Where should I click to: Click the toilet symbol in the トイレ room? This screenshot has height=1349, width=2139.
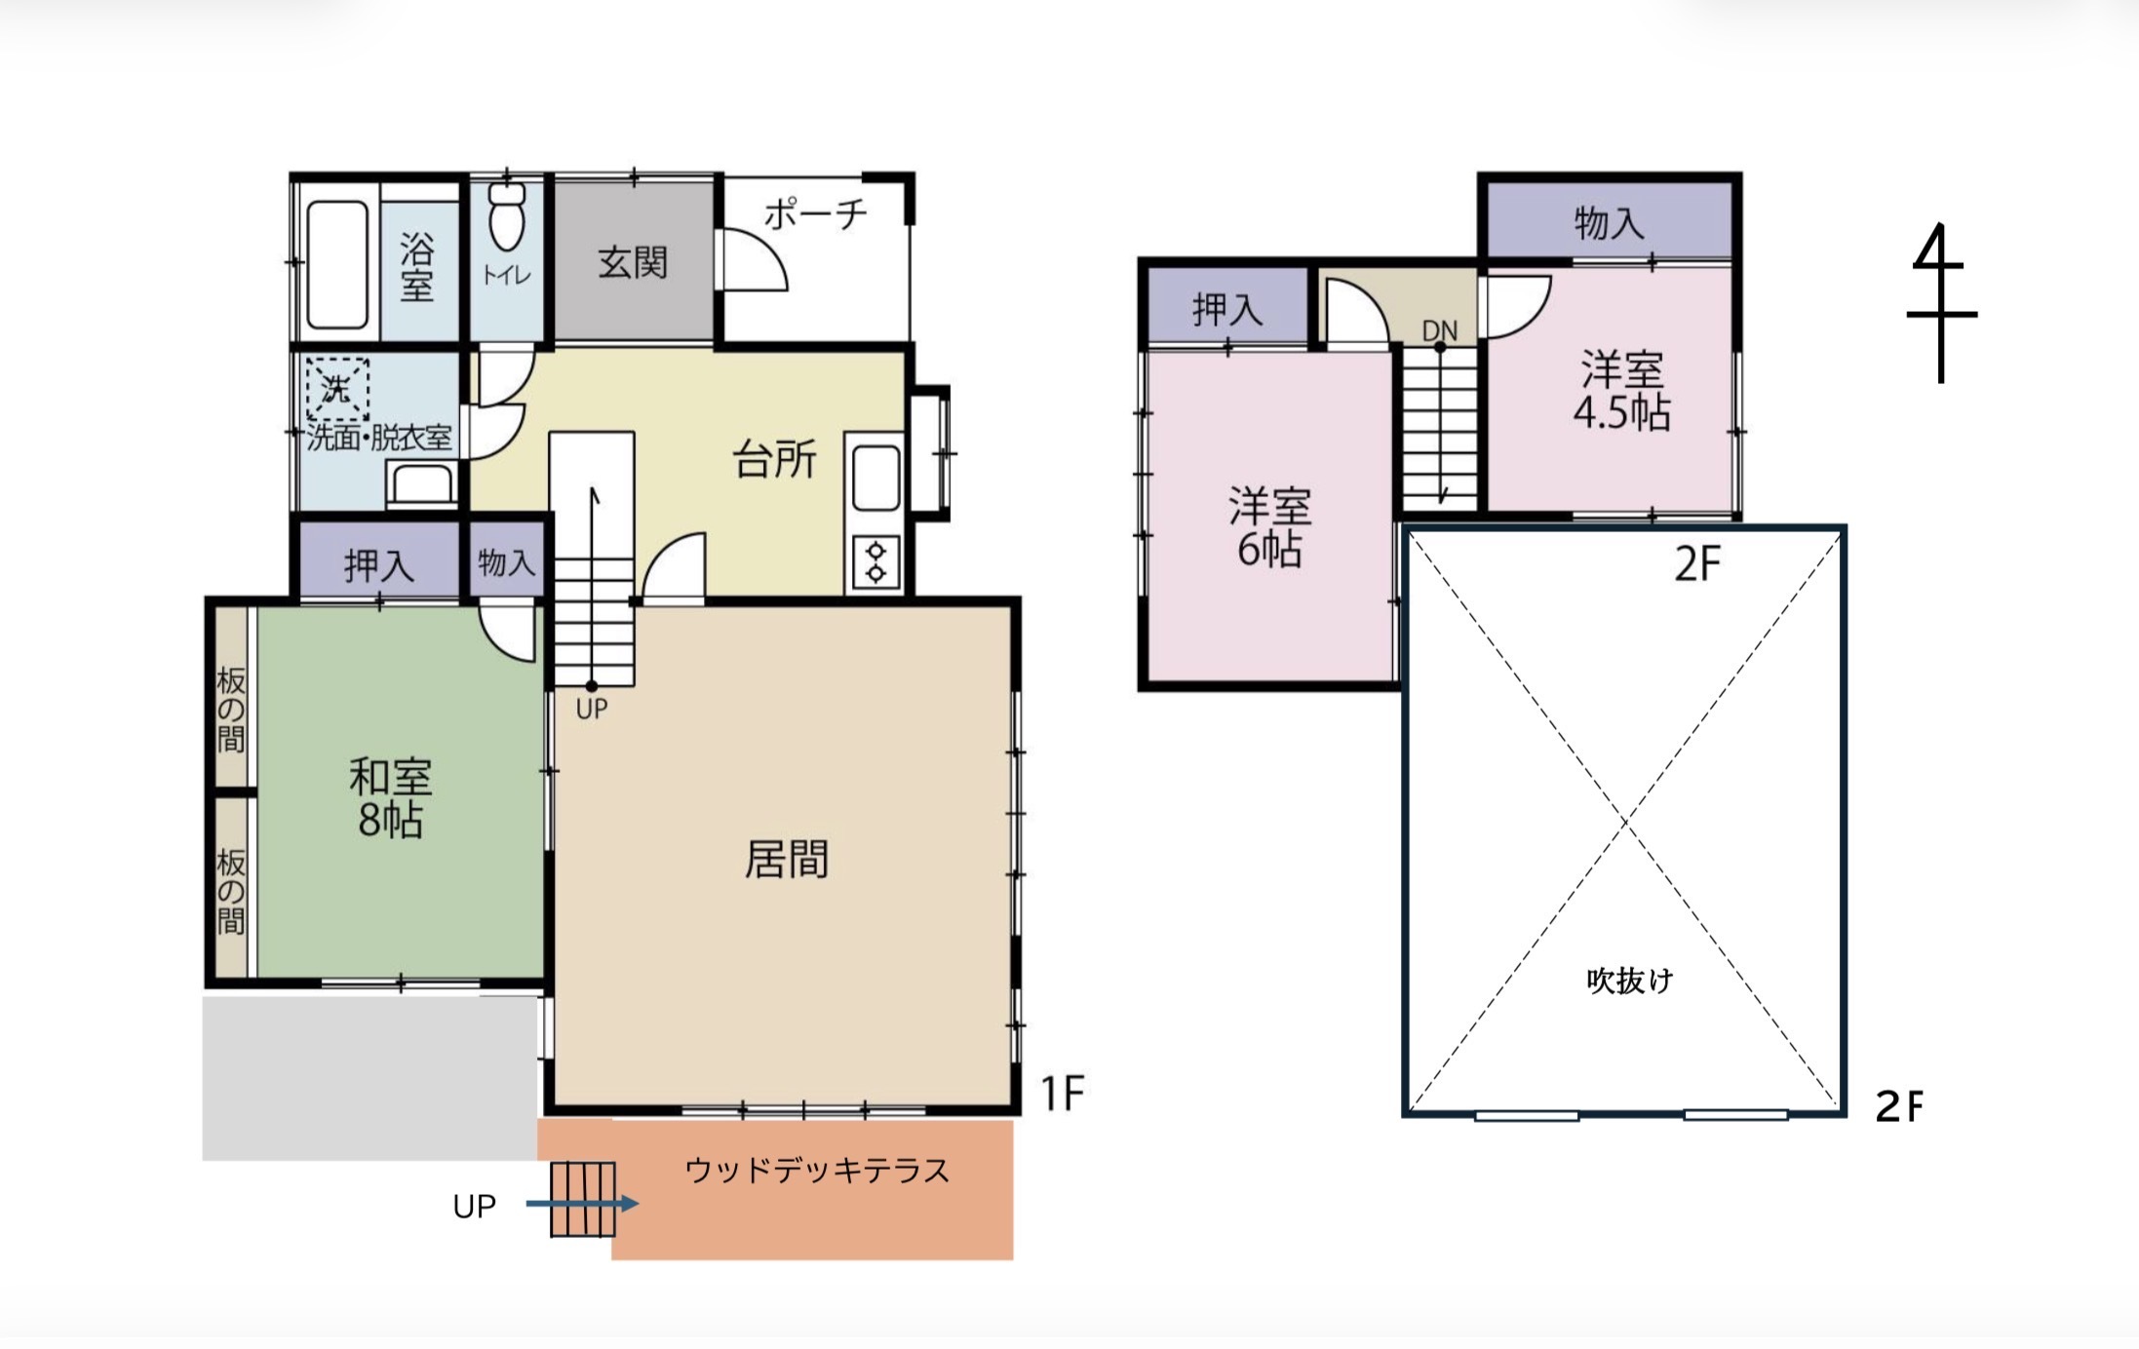(507, 216)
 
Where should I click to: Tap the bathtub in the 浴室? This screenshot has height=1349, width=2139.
(337, 264)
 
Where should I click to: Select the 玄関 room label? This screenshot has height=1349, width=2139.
(633, 263)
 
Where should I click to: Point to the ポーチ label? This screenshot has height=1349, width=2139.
(815, 213)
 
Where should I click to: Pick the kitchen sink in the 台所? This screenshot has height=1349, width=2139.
(875, 478)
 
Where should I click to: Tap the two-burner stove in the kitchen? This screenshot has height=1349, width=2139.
(875, 563)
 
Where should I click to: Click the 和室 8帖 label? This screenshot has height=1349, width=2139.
(390, 798)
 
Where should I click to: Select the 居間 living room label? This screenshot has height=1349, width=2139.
(786, 860)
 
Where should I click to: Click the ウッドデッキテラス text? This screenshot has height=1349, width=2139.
(817, 1170)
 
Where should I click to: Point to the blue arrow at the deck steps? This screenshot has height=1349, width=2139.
(582, 1204)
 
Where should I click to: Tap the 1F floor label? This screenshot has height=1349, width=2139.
(1063, 1094)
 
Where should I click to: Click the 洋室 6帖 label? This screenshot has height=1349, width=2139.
(1269, 527)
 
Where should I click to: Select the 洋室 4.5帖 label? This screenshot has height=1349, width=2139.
(1622, 391)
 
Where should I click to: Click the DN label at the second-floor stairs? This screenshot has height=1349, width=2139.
(1440, 331)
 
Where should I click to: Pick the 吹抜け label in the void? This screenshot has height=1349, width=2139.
(1629, 980)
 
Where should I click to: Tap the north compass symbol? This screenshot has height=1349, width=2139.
(1941, 303)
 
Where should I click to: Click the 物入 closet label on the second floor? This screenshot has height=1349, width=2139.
(1609, 223)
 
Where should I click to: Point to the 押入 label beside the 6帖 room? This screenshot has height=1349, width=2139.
(1227, 310)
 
